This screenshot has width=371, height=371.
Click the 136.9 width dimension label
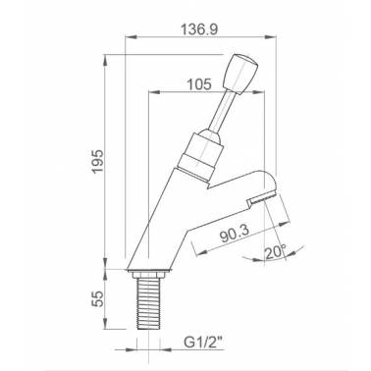click(199, 29)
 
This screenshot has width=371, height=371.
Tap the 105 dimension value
click(199, 84)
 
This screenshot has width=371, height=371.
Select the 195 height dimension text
click(97, 162)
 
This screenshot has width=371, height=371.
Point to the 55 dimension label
click(97, 298)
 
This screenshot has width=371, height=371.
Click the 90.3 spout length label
click(235, 234)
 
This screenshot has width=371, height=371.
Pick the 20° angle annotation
click(275, 252)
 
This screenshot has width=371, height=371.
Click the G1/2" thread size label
click(203, 343)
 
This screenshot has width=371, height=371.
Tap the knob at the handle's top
click(240, 74)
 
